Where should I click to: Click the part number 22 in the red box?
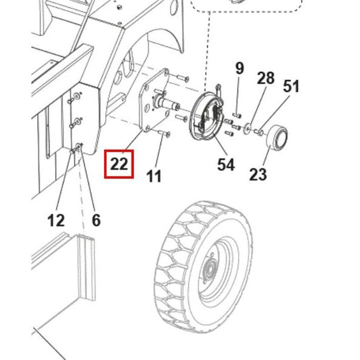[119, 164]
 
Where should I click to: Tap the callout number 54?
[226, 165]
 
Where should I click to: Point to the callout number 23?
[258, 174]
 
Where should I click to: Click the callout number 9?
[240, 68]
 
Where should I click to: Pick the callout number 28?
[266, 78]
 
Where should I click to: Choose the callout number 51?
[291, 86]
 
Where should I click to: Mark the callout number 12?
[56, 220]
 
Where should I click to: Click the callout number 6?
[96, 220]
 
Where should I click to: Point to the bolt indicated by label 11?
[164, 134]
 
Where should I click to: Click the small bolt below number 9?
[237, 116]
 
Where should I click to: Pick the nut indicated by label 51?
[261, 132]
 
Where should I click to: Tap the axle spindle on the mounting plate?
[169, 104]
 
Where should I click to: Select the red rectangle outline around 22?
[105, 164]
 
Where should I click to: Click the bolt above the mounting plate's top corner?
[183, 77]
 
